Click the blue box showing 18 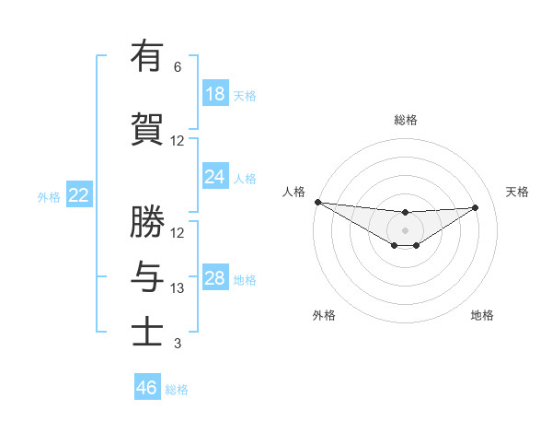pyautogui.click(x=215, y=94)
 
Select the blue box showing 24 pyautogui.click(x=215, y=177)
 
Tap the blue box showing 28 pyautogui.click(x=215, y=278)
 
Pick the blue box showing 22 pyautogui.click(x=79, y=195)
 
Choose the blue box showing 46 pyautogui.click(x=147, y=388)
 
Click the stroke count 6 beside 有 pyautogui.click(x=178, y=67)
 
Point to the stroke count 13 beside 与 pyautogui.click(x=178, y=288)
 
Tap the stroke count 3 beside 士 pyautogui.click(x=178, y=345)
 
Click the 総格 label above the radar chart pyautogui.click(x=406, y=120)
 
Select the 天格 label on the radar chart pyautogui.click(x=517, y=192)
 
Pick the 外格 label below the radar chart pyautogui.click(x=324, y=315)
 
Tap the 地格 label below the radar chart pyautogui.click(x=482, y=315)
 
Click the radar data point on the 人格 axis pyautogui.click(x=317, y=202)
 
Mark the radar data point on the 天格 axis pyautogui.click(x=476, y=207)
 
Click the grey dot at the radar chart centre pyautogui.click(x=405, y=230)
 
